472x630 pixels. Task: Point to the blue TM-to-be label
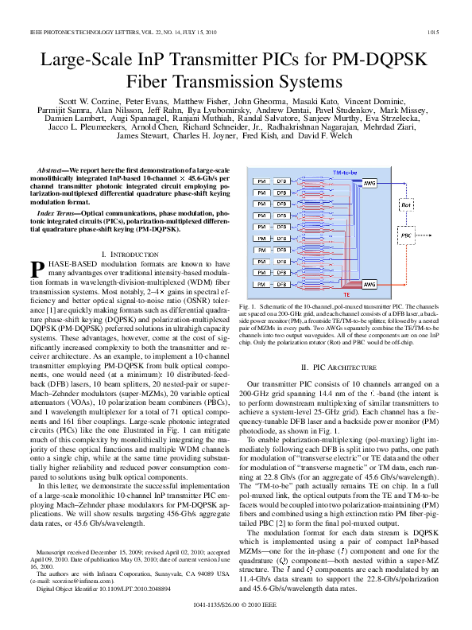[345, 172]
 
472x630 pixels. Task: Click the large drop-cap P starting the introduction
[36, 269]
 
